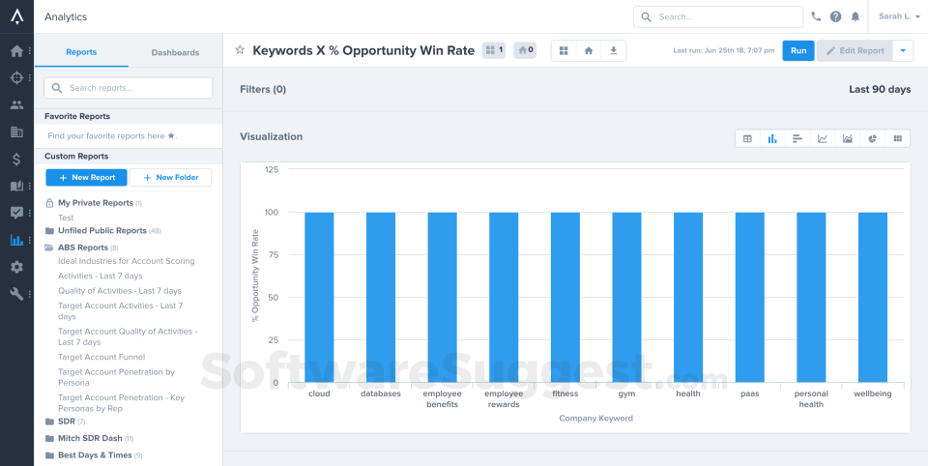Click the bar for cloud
tap(320, 297)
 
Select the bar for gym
tap(626, 297)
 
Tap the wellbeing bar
tap(873, 297)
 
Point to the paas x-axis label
tap(750, 393)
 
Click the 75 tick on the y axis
tap(273, 254)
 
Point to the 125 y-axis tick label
tap(272, 169)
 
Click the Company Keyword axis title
tap(596, 418)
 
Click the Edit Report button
tap(855, 50)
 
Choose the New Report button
tap(86, 177)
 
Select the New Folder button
tap(170, 177)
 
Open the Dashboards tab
tap(175, 52)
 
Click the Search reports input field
tap(129, 88)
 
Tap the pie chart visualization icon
tap(872, 138)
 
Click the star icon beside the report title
tap(240, 50)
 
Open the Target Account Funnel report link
tap(101, 357)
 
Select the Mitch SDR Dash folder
tap(90, 439)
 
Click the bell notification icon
tap(855, 16)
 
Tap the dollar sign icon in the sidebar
tap(16, 159)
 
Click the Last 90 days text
tap(880, 89)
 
